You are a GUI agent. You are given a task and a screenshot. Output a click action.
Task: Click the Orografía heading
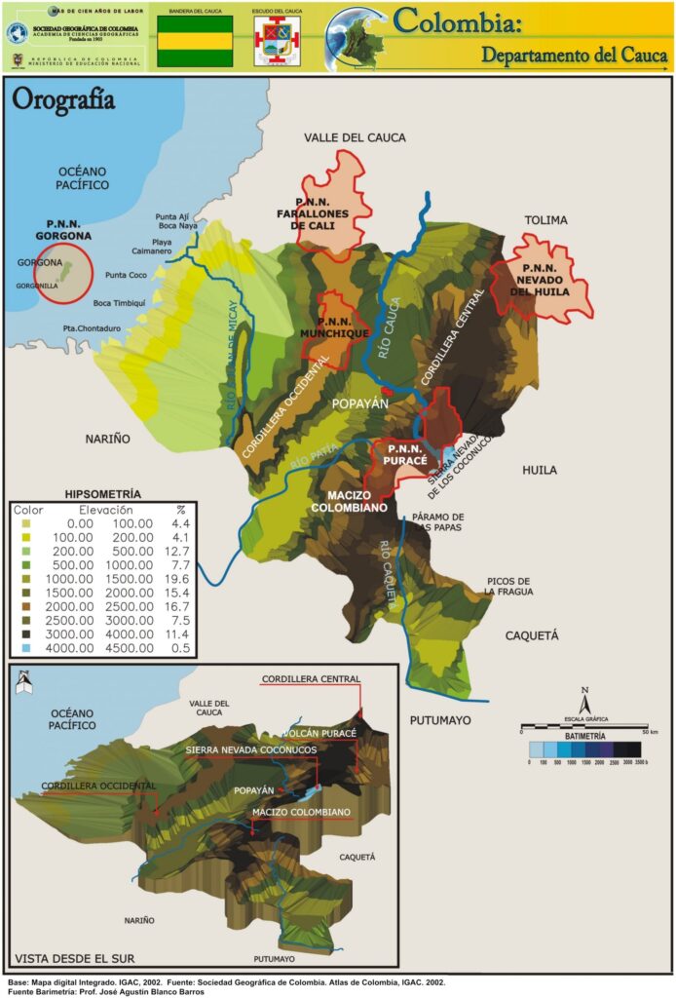click(62, 100)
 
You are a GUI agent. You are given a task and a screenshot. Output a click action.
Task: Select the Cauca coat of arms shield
click(277, 42)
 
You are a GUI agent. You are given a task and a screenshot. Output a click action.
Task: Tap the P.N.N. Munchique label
click(343, 326)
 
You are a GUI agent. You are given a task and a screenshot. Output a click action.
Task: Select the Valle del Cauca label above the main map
click(355, 137)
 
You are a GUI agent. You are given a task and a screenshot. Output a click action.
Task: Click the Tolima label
click(545, 220)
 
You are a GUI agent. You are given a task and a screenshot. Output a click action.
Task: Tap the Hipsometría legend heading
click(101, 494)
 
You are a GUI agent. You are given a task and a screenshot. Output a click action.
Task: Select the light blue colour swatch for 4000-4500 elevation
click(26, 646)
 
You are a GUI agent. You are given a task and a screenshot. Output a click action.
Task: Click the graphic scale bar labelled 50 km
click(583, 726)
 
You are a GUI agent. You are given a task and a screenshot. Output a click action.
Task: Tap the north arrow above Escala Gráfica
click(583, 701)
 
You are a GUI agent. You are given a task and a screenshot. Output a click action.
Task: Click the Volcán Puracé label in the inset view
click(320, 732)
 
